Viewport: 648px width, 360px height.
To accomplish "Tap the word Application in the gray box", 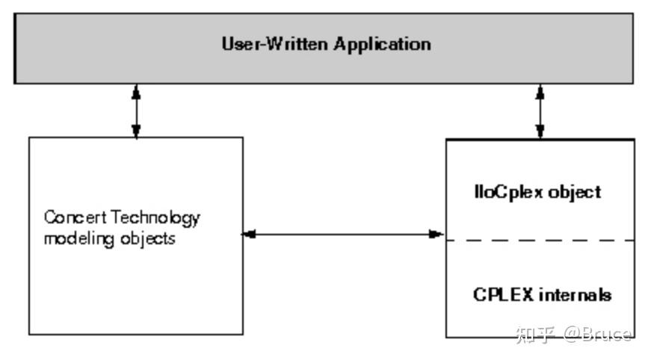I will [382, 44].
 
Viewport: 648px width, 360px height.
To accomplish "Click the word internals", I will [574, 294].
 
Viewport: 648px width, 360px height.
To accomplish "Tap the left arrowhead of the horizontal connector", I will [248, 235].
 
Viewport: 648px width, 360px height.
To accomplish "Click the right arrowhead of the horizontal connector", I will [438, 235].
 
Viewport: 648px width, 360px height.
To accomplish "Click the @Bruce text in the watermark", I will [598, 334].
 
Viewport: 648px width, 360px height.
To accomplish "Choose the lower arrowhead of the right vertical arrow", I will [540, 132].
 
